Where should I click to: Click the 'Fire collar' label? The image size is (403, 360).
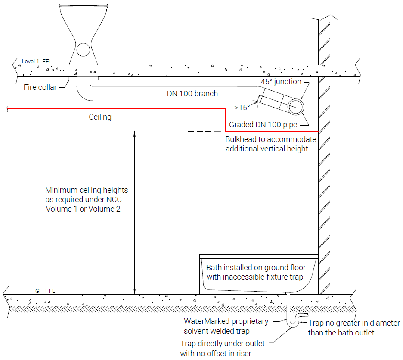pos(40,87)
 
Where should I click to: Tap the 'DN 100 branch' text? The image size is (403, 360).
pos(192,94)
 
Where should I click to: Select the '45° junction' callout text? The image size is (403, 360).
pos(281,82)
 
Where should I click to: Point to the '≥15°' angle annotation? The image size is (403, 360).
pos(242,108)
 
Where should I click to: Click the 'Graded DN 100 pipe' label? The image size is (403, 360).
pos(263,125)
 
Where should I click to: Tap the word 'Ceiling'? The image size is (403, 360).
pos(100,117)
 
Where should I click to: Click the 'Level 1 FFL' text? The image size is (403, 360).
pos(37,62)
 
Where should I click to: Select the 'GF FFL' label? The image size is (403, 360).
pos(45,291)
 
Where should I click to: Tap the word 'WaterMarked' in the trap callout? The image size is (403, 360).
pos(207,321)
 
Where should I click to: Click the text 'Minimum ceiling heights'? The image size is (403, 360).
pos(87,190)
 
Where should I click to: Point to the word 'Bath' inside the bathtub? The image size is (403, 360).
pos(214,268)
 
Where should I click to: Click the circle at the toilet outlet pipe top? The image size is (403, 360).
pos(83,49)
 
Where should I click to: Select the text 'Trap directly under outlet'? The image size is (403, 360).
pos(222,344)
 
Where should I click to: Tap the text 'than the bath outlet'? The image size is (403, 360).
pos(341,333)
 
